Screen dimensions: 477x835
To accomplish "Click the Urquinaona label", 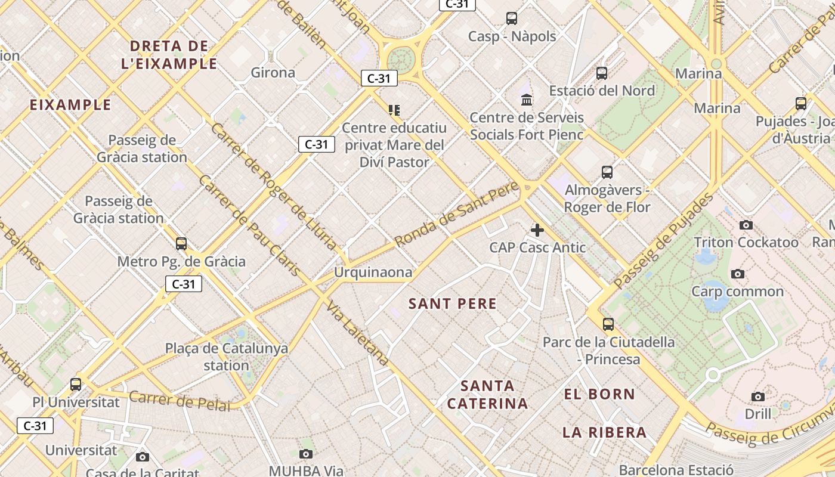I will click(373, 272).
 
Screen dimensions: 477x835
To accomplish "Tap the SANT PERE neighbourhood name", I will click(453, 303).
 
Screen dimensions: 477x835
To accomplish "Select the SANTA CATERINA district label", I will click(487, 395).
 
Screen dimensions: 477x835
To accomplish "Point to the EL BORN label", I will click(599, 394).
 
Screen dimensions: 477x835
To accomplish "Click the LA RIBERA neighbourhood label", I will click(604, 432).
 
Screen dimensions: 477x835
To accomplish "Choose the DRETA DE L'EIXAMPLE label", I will click(169, 55).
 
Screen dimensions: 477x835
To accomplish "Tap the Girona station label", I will click(273, 73).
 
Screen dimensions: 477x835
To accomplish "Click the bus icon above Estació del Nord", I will click(602, 73).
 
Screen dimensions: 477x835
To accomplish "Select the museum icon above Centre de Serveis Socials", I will click(527, 100).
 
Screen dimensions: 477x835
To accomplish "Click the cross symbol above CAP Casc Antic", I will click(537, 230).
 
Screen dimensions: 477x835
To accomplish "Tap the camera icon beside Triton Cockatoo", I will click(746, 225).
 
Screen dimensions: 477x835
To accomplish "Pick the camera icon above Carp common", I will click(738, 274).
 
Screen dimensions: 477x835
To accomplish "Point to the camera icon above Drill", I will click(757, 397).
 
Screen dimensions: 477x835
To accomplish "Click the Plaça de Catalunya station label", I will click(227, 357).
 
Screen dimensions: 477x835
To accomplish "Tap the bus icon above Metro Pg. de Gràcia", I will click(181, 244).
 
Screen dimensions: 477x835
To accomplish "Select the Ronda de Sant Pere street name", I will click(457, 218).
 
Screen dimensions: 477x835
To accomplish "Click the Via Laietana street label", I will click(357, 333).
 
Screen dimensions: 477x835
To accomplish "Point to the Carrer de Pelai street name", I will click(180, 401).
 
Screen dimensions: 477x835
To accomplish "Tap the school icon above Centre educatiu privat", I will click(394, 110).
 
